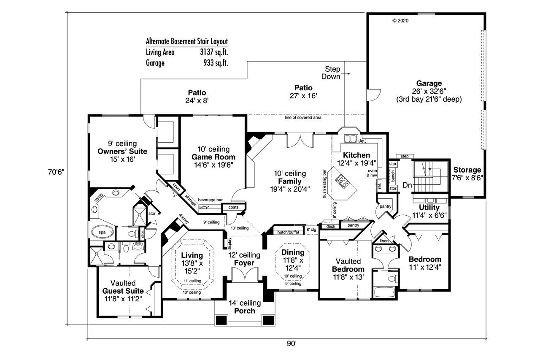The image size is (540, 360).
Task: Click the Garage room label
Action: point(429,83)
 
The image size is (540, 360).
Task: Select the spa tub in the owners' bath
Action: point(103,233)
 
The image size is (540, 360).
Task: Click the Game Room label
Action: point(213,157)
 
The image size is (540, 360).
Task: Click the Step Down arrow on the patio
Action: point(348,74)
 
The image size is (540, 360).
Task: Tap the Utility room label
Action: point(429,207)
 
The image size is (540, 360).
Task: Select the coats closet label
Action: point(233,207)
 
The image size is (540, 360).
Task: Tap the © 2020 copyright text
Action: point(400,20)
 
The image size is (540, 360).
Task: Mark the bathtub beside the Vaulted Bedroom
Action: point(384,292)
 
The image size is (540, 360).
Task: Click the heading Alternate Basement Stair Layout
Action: point(186,41)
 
